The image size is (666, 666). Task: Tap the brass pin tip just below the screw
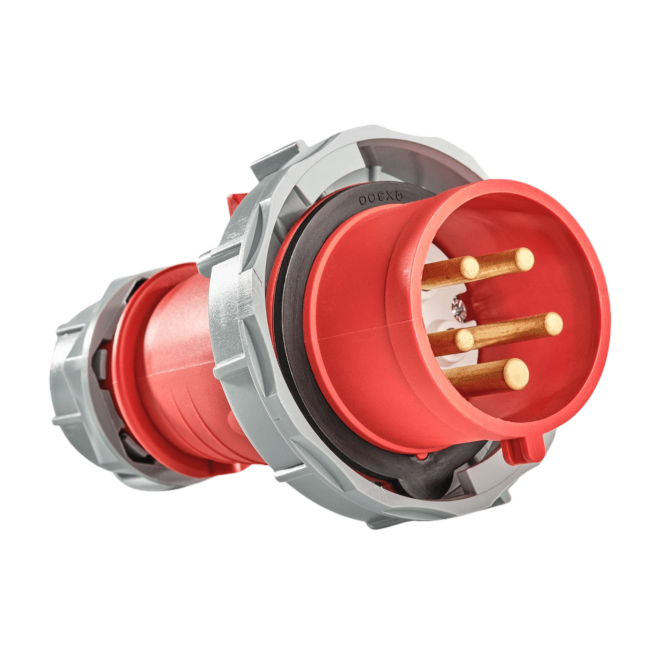tap(466, 340)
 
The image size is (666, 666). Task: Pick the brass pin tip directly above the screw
tap(470, 267)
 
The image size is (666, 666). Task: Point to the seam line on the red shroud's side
tap(350, 334)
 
